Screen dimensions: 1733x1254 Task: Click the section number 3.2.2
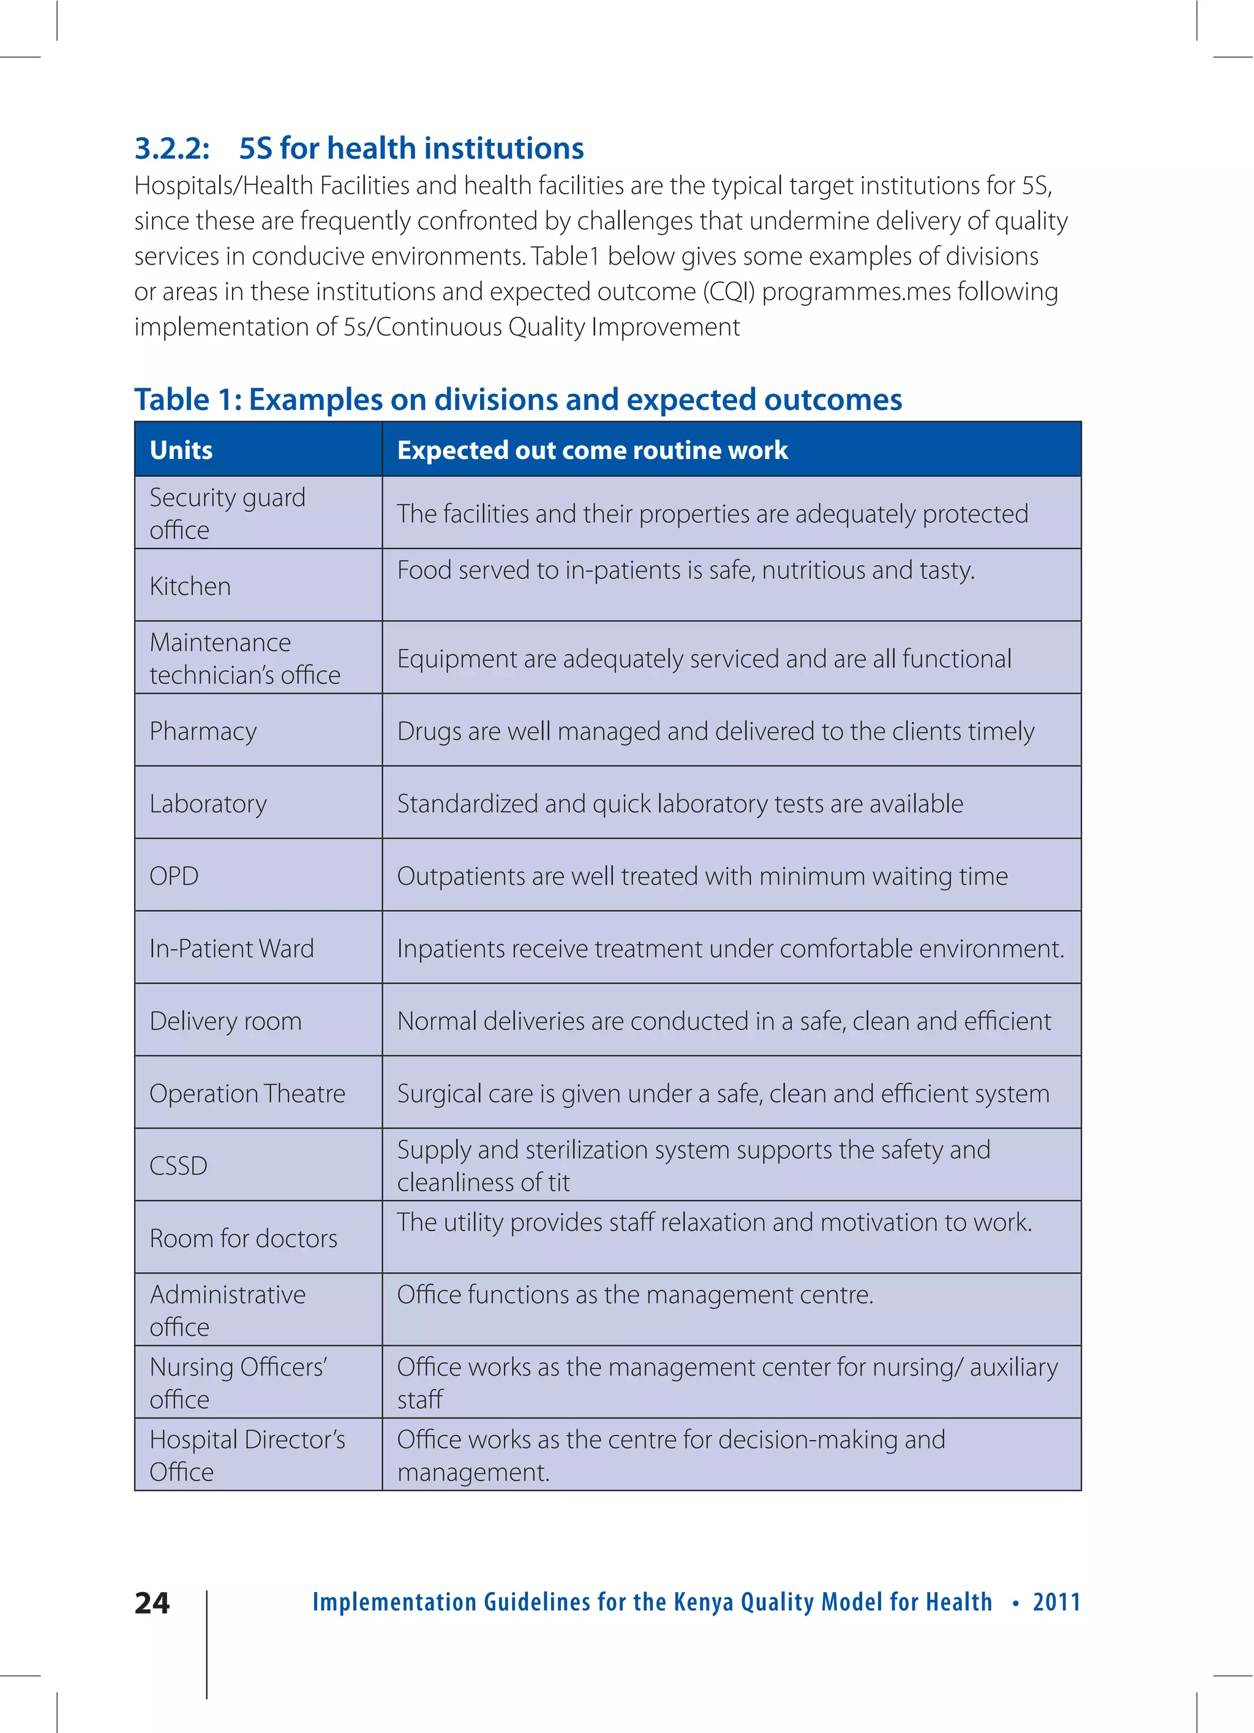click(172, 148)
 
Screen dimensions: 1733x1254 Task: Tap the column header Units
click(181, 450)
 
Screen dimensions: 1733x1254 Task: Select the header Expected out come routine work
click(592, 450)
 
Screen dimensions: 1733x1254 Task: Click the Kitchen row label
click(190, 586)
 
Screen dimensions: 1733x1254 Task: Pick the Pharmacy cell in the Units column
click(203, 731)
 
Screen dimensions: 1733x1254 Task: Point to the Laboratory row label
click(209, 804)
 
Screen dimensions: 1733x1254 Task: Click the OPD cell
click(174, 876)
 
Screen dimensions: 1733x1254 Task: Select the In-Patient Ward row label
click(231, 948)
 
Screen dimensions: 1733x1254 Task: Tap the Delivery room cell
click(225, 1021)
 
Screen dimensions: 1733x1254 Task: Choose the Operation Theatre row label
click(247, 1093)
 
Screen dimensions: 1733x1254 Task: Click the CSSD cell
click(179, 1166)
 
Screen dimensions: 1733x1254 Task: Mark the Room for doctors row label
click(243, 1238)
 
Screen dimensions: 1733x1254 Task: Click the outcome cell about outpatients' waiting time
click(702, 876)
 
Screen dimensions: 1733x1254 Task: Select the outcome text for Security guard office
click(711, 514)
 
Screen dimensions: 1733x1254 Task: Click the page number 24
click(152, 1602)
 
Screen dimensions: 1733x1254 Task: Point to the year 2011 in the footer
click(1056, 1602)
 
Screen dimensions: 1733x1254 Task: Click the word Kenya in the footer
click(704, 1602)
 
